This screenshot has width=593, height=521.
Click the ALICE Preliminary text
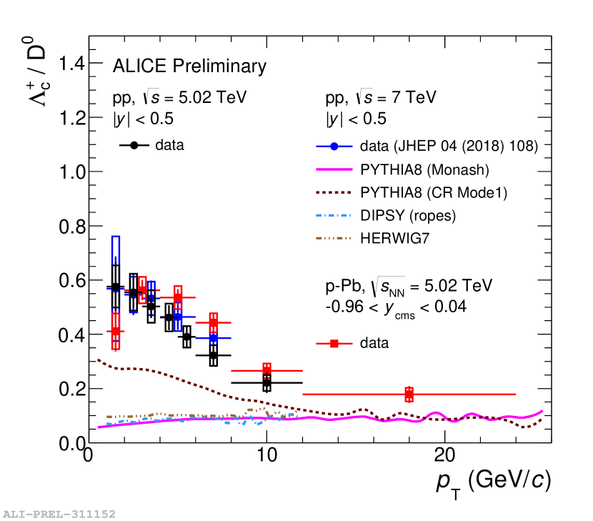tap(189, 66)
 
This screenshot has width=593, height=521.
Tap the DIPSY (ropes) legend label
tap(408, 215)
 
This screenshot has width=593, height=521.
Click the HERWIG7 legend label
tap(393, 238)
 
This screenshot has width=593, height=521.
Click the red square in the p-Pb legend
tap(334, 343)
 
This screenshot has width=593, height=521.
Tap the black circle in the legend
tap(134, 145)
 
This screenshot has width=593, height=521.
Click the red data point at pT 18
tap(409, 394)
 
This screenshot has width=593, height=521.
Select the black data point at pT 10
tap(266, 383)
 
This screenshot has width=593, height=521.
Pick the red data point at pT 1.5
tap(115, 332)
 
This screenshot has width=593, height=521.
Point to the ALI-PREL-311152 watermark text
tap(59, 513)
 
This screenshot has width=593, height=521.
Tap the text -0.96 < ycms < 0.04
tap(395, 307)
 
